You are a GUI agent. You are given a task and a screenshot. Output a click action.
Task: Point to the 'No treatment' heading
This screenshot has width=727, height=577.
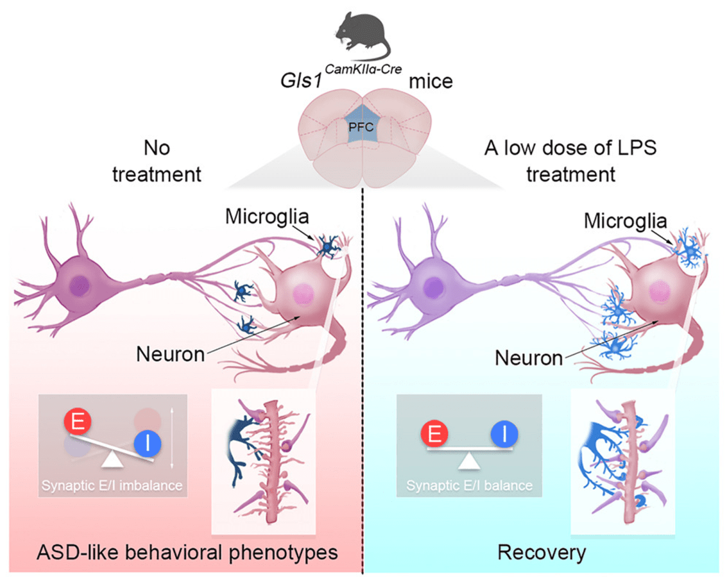click(157, 161)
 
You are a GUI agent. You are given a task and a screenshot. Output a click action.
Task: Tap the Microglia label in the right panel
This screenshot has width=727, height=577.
click(626, 221)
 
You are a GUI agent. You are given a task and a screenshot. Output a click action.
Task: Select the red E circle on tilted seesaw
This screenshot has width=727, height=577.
click(78, 423)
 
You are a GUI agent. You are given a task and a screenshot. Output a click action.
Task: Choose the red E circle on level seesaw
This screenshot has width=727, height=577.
click(434, 436)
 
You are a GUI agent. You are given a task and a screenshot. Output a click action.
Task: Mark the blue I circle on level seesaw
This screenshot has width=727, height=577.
click(505, 436)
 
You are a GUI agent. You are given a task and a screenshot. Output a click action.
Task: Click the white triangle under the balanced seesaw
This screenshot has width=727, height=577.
click(470, 460)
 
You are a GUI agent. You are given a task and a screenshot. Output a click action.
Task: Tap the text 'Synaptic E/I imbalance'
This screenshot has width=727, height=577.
click(112, 485)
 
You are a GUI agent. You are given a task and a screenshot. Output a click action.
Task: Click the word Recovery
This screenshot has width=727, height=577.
click(542, 552)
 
